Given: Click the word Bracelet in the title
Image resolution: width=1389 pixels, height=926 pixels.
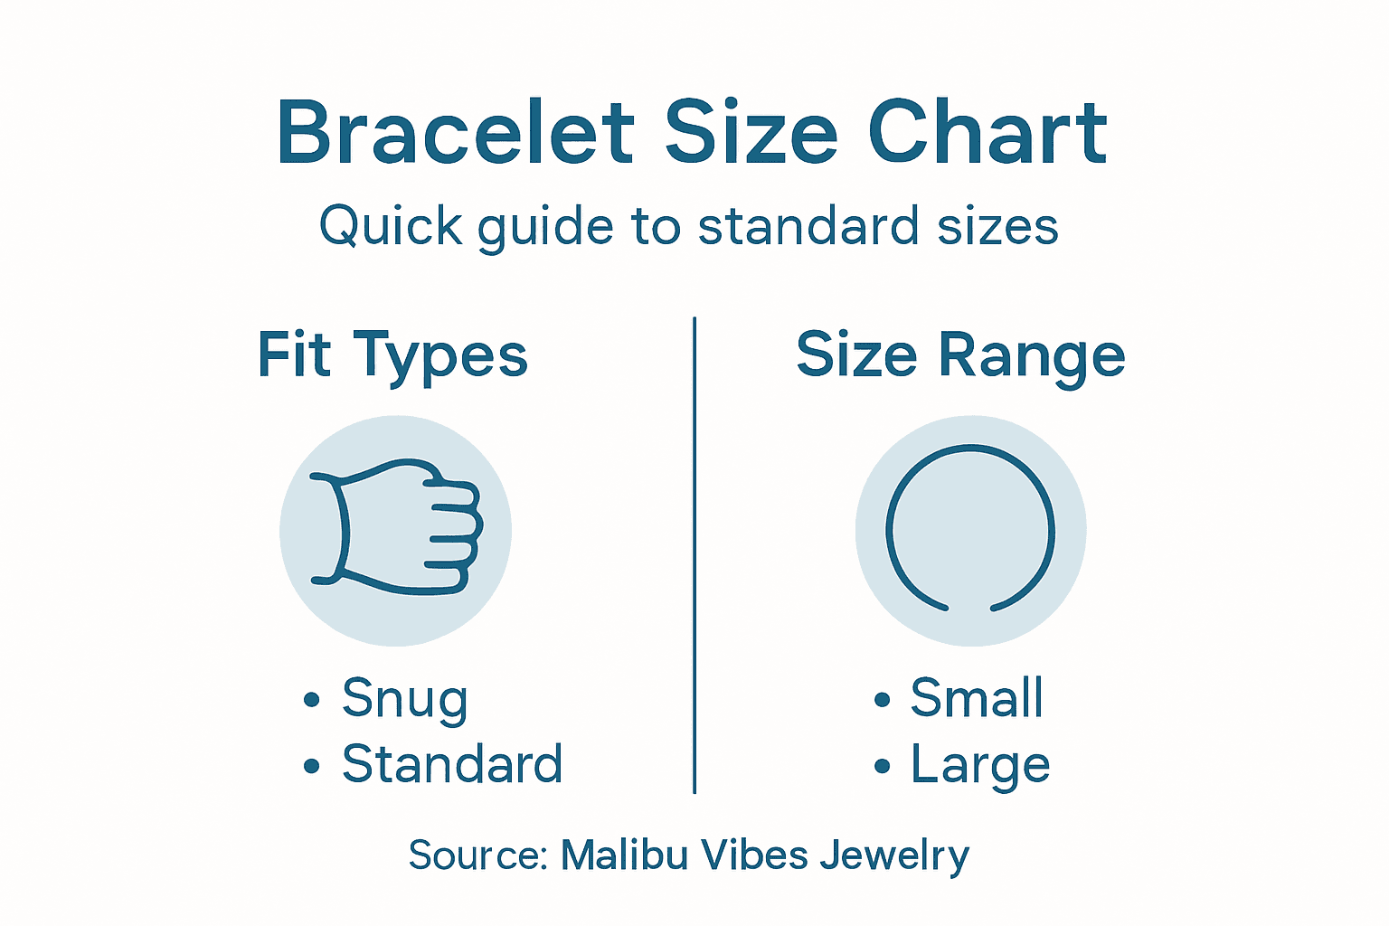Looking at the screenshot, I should coord(456,134).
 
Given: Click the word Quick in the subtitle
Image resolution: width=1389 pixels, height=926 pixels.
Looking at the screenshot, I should coord(391,225).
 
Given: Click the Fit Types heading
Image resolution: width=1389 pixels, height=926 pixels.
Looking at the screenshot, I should coord(392,354).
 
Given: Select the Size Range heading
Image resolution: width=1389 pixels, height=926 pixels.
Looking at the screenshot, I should coord(960,354).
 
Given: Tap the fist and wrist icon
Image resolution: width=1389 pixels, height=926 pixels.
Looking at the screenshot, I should coord(396,530).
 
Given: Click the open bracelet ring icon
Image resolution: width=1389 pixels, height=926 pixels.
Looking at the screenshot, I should coord(971,530).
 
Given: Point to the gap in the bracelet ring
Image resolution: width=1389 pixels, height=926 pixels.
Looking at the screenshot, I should coord(970,609).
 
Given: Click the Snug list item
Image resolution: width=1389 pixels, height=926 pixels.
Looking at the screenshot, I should coord(404,698).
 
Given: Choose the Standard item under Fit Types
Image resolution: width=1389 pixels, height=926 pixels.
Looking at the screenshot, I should coord(452,764).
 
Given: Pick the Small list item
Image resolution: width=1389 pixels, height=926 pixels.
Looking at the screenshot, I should coord(977,698).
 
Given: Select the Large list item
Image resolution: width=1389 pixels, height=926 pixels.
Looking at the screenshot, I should coord(980,765).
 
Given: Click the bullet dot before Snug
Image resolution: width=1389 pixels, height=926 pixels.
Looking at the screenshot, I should coord(312,699).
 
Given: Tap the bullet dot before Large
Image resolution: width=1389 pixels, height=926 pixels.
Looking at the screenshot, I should coord(883,766).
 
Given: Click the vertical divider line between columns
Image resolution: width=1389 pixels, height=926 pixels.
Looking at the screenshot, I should coord(694,555).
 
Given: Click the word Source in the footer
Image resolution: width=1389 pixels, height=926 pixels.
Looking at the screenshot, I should coord(477,855).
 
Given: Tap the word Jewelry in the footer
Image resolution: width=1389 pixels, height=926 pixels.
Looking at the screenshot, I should coord(894,855).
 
